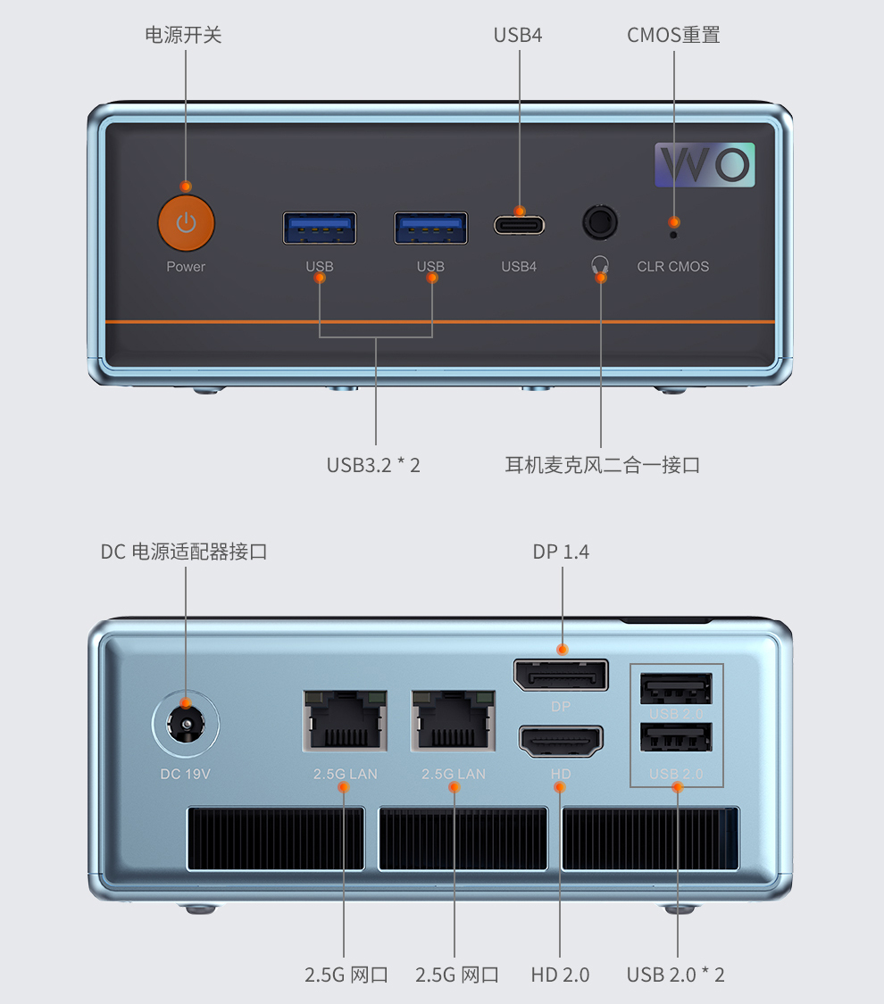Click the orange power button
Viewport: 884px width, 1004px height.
point(186,223)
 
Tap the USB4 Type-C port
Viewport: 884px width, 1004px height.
point(519,224)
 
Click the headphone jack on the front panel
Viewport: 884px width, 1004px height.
point(600,222)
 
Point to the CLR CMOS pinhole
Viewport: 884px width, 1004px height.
point(673,235)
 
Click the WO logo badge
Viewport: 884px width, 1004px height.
point(705,164)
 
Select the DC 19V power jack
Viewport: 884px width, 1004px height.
point(186,724)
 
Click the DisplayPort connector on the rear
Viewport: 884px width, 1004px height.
point(561,676)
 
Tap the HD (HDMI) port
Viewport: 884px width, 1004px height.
point(561,742)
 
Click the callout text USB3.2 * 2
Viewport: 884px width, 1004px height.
point(373,465)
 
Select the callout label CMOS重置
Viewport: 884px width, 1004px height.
point(673,35)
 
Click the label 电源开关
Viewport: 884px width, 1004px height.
point(183,35)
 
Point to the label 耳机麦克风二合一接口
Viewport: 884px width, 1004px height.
point(602,465)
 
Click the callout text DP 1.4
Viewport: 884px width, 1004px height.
point(561,552)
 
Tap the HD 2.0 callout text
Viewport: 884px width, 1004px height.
point(560,975)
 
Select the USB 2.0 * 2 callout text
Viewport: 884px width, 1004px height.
point(675,975)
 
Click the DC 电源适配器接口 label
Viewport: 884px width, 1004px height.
point(184,552)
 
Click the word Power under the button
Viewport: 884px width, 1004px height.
point(186,267)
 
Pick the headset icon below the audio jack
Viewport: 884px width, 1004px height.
point(600,264)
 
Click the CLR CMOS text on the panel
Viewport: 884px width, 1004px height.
point(673,267)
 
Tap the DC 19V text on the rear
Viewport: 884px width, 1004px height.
point(185,774)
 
